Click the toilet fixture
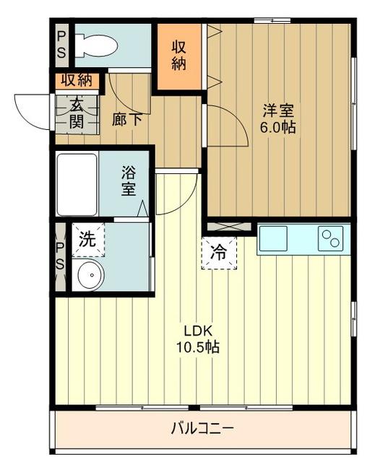(x=97, y=45)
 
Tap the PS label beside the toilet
(x=61, y=45)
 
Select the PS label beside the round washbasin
(x=60, y=256)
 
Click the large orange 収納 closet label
(x=180, y=54)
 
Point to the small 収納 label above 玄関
(x=77, y=80)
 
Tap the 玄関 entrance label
(x=77, y=113)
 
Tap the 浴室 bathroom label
(x=129, y=181)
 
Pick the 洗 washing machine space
(x=87, y=241)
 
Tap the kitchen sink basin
(x=274, y=237)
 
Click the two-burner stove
(x=332, y=237)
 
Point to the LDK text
(x=197, y=331)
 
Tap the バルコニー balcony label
(x=202, y=429)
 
